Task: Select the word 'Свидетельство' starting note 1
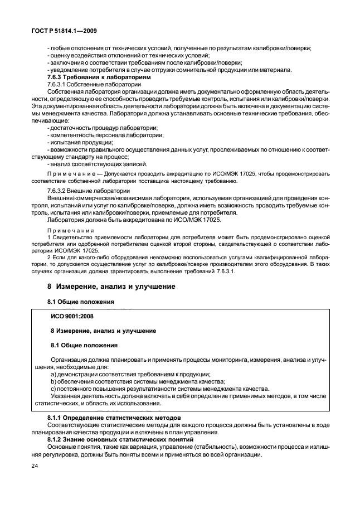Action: pos(69,237)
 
